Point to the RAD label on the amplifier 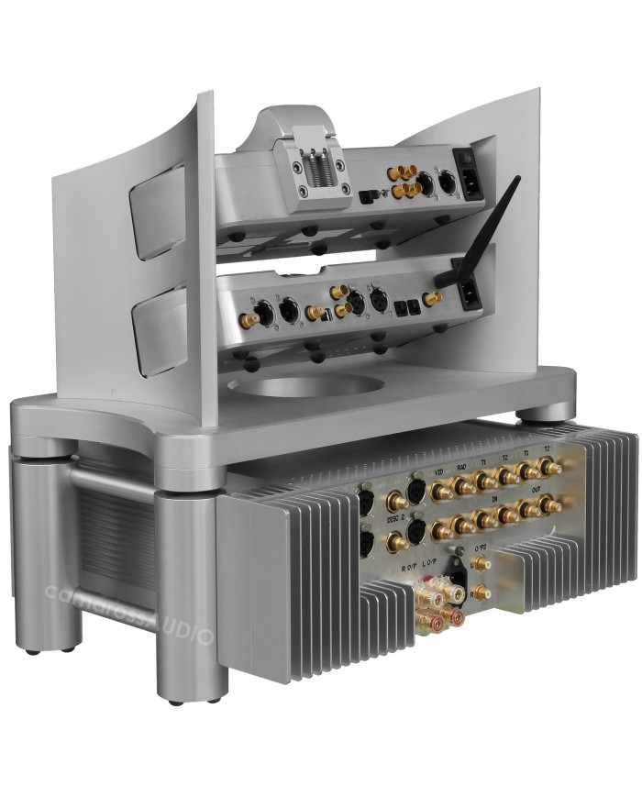(x=464, y=466)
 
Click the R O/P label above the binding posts (x=409, y=570)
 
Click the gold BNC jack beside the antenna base (x=433, y=298)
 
